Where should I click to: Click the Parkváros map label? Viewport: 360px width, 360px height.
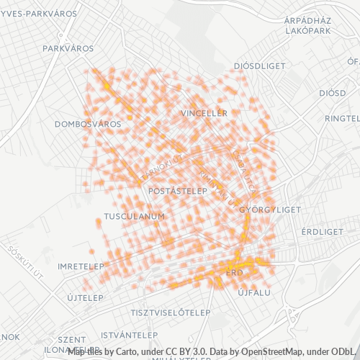[68, 48]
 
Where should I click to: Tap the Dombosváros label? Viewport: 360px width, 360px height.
[88, 124]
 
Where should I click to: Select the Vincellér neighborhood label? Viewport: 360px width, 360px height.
[204, 114]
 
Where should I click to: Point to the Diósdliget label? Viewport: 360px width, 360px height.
[260, 66]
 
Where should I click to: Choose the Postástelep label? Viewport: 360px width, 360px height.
[177, 192]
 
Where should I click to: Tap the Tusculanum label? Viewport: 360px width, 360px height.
[135, 216]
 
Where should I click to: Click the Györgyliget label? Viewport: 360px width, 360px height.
[269, 210]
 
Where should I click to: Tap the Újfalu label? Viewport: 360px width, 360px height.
[253, 293]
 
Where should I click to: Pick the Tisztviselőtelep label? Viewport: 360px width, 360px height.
[171, 312]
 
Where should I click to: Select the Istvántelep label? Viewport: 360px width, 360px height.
[130, 335]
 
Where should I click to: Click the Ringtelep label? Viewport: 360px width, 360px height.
[343, 118]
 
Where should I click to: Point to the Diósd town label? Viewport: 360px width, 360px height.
[333, 93]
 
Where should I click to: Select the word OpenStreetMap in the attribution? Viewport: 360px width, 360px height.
[271, 351]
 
